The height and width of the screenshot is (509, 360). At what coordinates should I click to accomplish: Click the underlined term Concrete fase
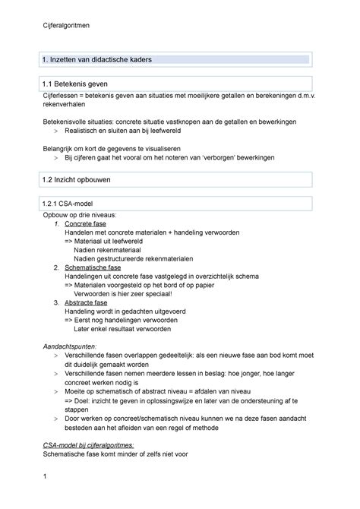(x=85, y=226)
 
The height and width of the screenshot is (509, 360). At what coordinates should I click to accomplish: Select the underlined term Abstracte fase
(x=86, y=302)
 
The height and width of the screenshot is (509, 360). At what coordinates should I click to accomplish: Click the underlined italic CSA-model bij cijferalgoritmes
(x=90, y=444)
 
